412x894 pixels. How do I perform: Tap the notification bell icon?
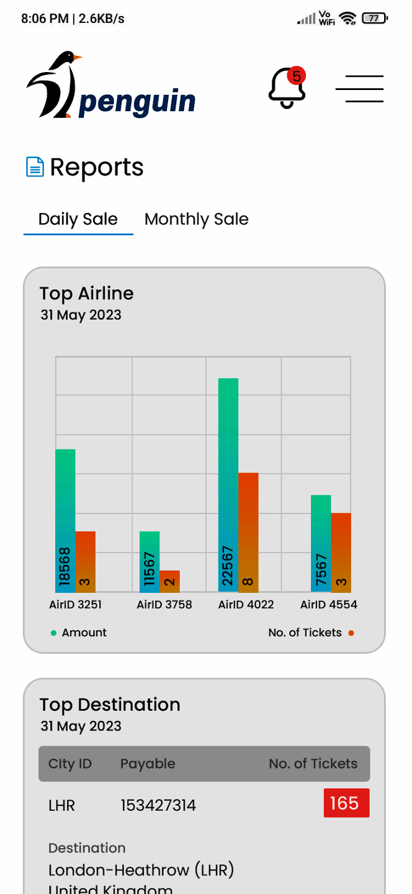point(287,88)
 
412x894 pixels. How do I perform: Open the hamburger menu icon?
point(359,89)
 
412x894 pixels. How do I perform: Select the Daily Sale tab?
point(78,219)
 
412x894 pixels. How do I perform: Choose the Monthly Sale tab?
point(196,219)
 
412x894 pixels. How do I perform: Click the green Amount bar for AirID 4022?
point(228,484)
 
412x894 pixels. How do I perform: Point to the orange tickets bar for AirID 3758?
point(169,581)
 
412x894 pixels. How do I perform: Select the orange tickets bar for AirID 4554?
point(341,552)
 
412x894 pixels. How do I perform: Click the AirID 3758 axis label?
point(164,605)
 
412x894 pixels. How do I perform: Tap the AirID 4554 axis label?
point(329,605)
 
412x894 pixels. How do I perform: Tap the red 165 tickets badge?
point(346,803)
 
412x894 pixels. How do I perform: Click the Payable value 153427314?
point(158,806)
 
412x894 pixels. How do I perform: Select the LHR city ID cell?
point(61,806)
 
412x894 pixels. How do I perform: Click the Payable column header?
point(148,764)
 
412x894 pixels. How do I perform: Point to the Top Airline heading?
point(87,294)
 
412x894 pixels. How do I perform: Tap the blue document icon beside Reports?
point(35,167)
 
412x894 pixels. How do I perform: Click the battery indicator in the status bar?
point(374,19)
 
